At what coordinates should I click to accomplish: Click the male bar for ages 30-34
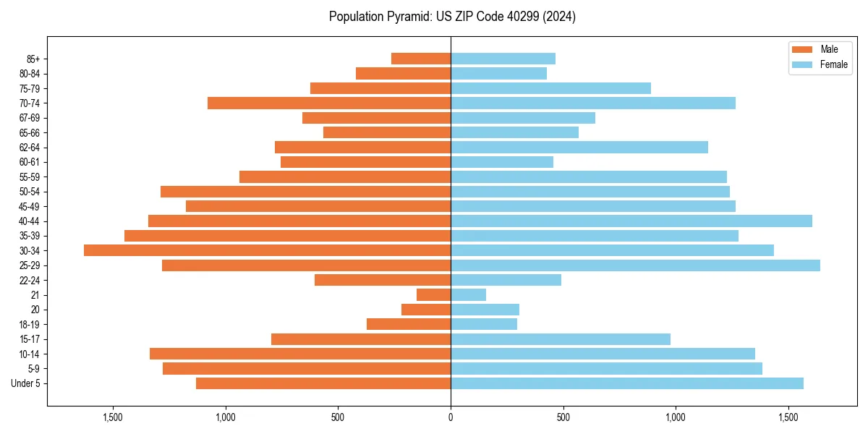click(268, 250)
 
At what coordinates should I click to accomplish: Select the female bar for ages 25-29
click(635, 265)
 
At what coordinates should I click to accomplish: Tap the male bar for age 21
click(434, 295)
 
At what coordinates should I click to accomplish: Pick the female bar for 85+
click(503, 59)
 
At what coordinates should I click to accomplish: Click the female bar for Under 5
click(626, 383)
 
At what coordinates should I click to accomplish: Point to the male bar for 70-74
click(329, 103)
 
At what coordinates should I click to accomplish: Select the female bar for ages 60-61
click(502, 162)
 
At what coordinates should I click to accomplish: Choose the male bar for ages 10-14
click(300, 354)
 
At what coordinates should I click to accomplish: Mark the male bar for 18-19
click(409, 324)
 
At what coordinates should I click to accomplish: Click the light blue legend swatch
click(802, 64)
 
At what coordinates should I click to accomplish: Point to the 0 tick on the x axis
click(451, 417)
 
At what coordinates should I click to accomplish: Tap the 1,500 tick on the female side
click(788, 417)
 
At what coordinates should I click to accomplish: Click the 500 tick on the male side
click(338, 417)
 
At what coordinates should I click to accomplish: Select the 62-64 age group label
click(30, 148)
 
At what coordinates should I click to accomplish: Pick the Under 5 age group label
click(26, 383)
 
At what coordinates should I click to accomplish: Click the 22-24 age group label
click(30, 280)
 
